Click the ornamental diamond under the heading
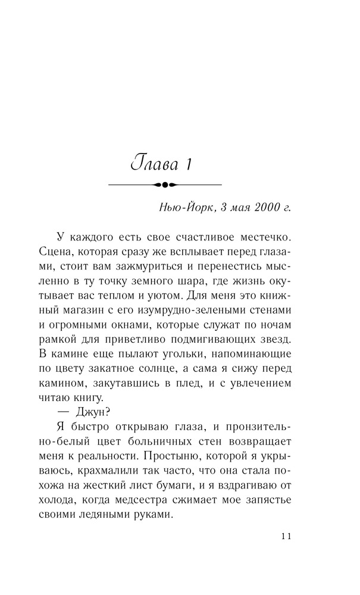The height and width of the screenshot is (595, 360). tap(165, 185)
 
